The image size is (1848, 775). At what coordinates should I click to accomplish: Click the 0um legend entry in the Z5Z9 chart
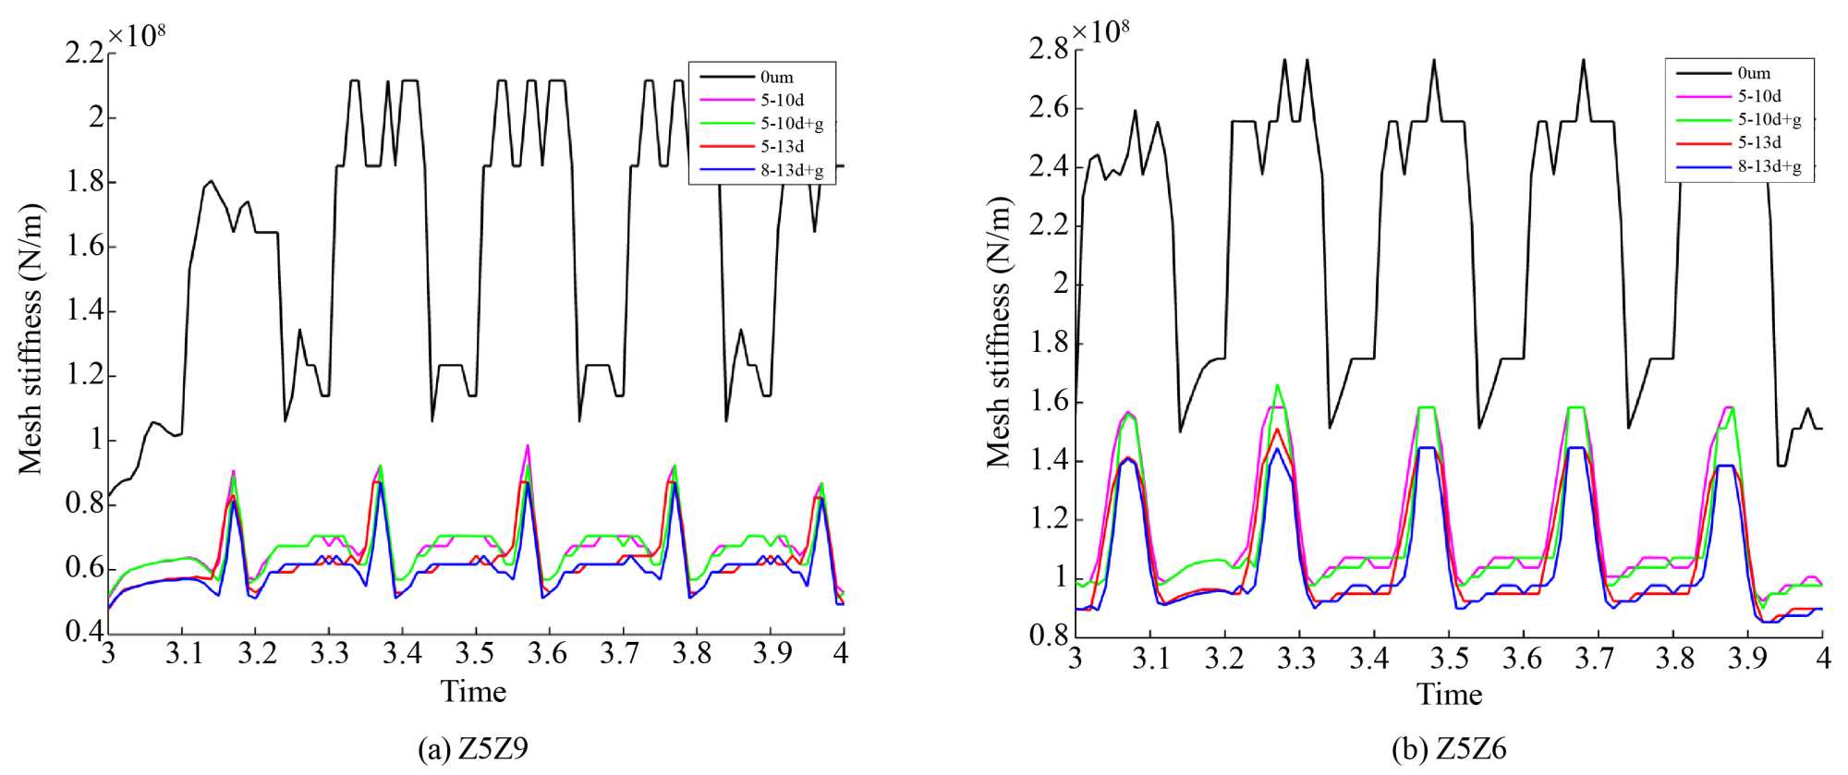tap(777, 78)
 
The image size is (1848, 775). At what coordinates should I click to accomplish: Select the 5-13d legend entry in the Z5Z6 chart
tap(1759, 143)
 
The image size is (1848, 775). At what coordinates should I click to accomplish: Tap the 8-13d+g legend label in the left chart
tap(792, 170)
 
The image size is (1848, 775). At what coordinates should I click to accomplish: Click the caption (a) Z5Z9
tap(473, 748)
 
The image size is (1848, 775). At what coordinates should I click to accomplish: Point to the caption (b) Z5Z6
tap(1449, 748)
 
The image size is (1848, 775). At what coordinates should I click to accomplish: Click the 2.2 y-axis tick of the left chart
tap(84, 54)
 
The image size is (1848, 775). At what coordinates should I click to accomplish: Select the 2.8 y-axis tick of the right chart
tap(1049, 49)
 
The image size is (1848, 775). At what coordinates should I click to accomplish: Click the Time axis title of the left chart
tap(473, 691)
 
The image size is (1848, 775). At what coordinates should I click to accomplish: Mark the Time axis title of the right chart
tap(1449, 694)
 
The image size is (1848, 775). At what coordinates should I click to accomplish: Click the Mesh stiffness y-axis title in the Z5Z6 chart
tap(998, 333)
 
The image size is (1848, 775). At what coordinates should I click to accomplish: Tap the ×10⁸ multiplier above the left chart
tap(137, 35)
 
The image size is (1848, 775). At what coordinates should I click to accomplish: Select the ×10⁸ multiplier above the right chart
tap(1100, 30)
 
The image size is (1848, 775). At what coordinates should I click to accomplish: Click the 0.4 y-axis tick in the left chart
tap(84, 632)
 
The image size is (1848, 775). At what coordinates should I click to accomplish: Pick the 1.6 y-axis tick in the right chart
tap(1049, 402)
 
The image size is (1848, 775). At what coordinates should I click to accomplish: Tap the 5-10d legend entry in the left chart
tap(783, 100)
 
